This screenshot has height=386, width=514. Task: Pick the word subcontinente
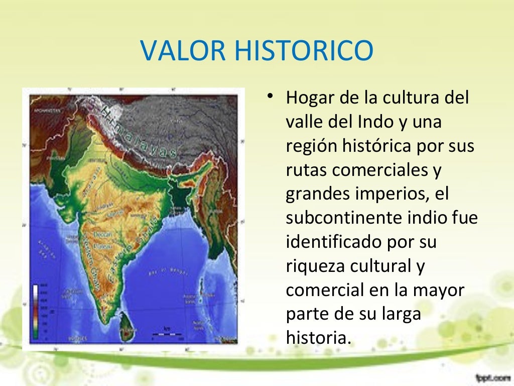348,218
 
